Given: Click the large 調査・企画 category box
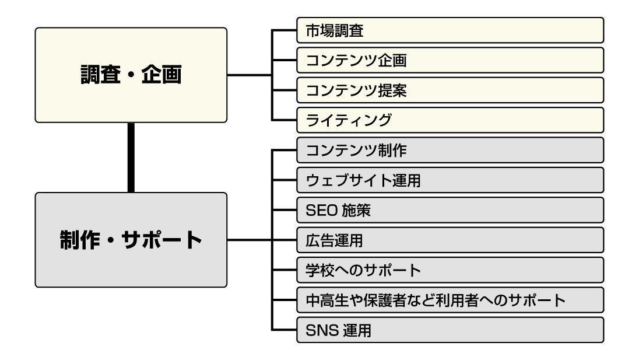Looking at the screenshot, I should pos(131,75).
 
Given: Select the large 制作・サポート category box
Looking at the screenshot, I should pos(131,240).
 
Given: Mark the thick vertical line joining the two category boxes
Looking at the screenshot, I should pos(131,158).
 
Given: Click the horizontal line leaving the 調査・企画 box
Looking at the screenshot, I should pos(250,75).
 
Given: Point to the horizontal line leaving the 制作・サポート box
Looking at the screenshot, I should pos(250,240).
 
